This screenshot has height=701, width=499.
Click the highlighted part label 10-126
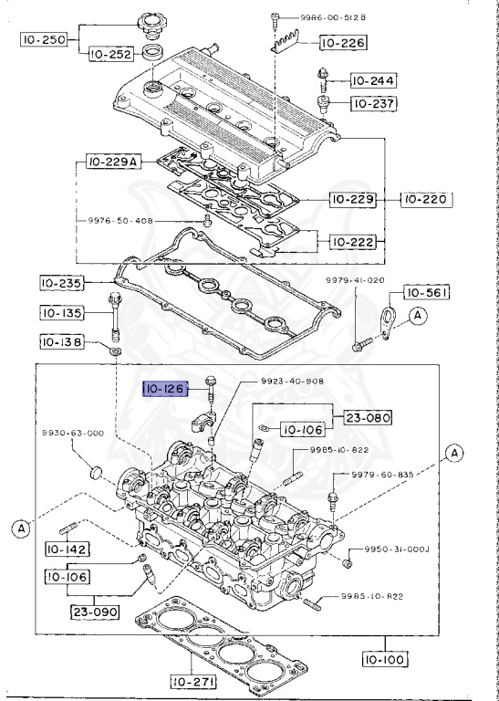click(x=165, y=390)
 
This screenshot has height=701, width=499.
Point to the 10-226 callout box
click(x=342, y=42)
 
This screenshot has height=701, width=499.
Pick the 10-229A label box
click(x=113, y=162)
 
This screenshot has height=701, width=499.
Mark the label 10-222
click(x=350, y=242)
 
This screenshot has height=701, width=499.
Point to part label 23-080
click(x=367, y=419)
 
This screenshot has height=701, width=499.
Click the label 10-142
click(x=65, y=549)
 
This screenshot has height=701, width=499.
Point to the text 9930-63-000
click(x=71, y=433)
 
